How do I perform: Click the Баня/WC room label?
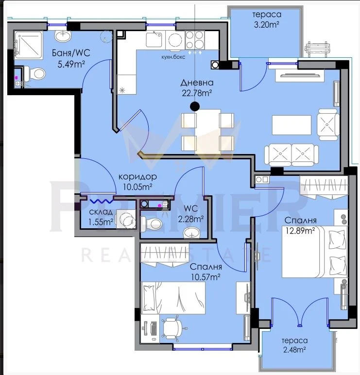pyautogui.click(x=71, y=53)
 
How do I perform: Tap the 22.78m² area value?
pyautogui.click(x=197, y=93)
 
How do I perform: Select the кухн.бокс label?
pyautogui.click(x=173, y=57)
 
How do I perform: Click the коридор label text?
pyautogui.click(x=138, y=177)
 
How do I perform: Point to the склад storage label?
pyautogui.click(x=101, y=212)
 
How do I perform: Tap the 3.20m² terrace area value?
pyautogui.click(x=266, y=24)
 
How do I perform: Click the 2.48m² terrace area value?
pyautogui.click(x=294, y=350)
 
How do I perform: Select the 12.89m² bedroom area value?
pyautogui.click(x=300, y=231)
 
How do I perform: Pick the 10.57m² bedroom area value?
pyautogui.click(x=206, y=277)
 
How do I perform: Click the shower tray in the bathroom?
pyautogui.click(x=29, y=45)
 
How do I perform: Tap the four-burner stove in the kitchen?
pyautogui.click(x=195, y=40)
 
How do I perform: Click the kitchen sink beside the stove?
pyautogui.click(x=154, y=39)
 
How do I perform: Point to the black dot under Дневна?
pyautogui.click(x=195, y=106)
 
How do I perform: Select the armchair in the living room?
pyautogui.click(x=328, y=125)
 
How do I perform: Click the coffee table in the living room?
pyautogui.click(x=291, y=125)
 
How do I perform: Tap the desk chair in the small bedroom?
pyautogui.click(x=172, y=328)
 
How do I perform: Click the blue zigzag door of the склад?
pyautogui.click(x=102, y=202)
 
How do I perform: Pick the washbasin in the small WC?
pyautogui.click(x=191, y=233)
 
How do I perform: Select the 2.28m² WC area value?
pyautogui.click(x=190, y=219)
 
